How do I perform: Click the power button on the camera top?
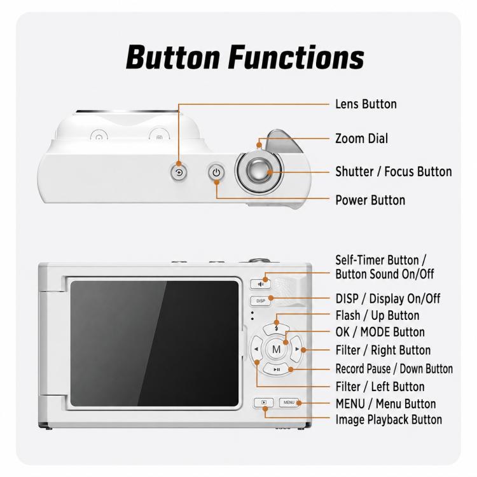pos(216,173)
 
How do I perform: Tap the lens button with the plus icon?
pos(179,173)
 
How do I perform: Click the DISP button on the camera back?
pos(260,301)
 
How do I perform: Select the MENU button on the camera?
pos(289,403)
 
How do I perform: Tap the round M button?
pos(276,349)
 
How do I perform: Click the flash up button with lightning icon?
pos(276,329)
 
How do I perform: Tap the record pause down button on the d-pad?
pos(276,370)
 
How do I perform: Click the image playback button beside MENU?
pos(264,403)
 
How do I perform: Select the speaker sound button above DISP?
pos(260,284)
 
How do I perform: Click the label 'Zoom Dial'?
pos(361,139)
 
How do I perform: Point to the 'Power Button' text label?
pos(370,200)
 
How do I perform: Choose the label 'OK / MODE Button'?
pos(380,332)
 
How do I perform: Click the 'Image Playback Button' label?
pos(389,420)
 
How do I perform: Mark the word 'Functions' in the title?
pos(296,57)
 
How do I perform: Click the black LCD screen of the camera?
pos(155,343)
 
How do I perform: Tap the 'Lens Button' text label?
pos(366,104)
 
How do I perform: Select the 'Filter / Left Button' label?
pos(380,387)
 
